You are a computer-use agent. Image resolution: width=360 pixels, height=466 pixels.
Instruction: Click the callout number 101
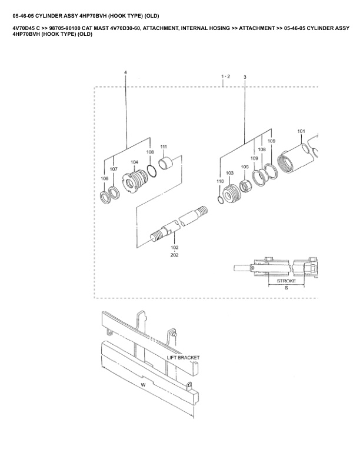coord(301,131)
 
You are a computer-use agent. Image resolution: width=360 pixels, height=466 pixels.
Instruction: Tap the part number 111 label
coord(164,147)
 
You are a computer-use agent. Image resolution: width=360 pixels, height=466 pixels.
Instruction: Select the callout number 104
coord(134,162)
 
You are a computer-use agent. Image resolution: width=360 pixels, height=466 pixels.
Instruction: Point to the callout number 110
coord(220,181)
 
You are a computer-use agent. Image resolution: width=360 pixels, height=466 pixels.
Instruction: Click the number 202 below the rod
coord(174,255)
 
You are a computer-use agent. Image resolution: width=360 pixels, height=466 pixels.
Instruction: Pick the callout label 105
coord(245,167)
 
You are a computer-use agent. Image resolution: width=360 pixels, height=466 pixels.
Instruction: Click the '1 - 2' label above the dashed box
coord(225,76)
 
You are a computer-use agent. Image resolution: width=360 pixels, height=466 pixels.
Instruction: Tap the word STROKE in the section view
coord(286,281)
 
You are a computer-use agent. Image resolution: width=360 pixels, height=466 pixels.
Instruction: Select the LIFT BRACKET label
coord(183,358)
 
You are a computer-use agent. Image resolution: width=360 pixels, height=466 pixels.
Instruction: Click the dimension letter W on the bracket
coord(143,385)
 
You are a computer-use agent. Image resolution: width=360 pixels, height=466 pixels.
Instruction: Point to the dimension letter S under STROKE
coord(286,288)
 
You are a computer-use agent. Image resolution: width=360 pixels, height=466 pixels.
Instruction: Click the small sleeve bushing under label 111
coord(165,163)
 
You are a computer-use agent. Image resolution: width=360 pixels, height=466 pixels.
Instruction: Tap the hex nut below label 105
coord(246,186)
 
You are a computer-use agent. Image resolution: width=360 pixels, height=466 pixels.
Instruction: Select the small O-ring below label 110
coord(221,199)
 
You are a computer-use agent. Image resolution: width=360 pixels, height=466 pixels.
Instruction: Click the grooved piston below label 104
coord(135,181)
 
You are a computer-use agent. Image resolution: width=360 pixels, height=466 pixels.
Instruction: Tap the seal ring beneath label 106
coord(105,198)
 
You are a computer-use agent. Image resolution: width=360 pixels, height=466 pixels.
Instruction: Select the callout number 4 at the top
coord(125,72)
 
